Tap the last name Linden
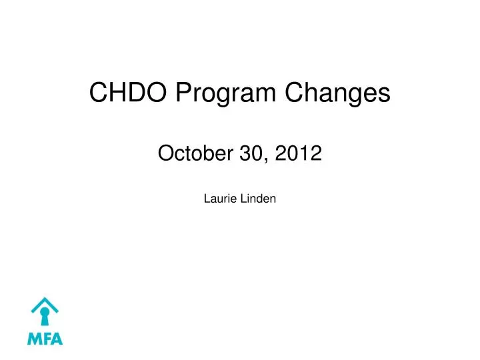(x=258, y=198)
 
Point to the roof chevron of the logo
(x=45, y=303)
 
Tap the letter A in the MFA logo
(x=57, y=339)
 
